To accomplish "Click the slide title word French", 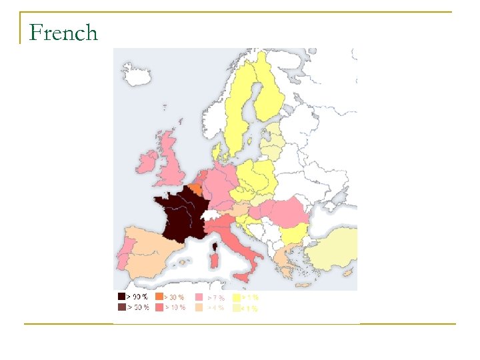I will (x=64, y=33).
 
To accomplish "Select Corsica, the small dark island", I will (x=215, y=247).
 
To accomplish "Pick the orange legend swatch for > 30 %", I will (x=159, y=297).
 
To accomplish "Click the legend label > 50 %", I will (x=138, y=307).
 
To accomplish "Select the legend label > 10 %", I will (x=175, y=307).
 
